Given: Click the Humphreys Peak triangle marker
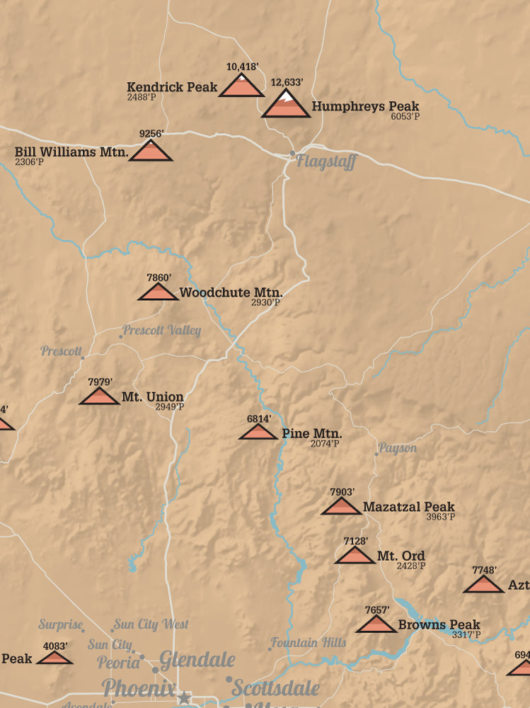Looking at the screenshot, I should tap(286, 106).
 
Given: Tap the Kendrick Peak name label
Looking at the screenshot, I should tap(172, 87).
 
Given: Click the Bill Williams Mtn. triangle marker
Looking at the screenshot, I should tap(151, 151).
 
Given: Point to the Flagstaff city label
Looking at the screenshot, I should tap(326, 161).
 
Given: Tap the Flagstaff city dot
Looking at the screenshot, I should tap(292, 153).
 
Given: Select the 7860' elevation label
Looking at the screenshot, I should tap(159, 278).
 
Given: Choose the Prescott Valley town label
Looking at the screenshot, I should tap(162, 331).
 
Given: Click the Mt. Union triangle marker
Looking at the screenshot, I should tap(99, 396).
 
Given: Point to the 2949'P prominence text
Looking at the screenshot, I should tap(170, 407).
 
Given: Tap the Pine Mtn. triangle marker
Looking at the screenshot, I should tap(258, 432).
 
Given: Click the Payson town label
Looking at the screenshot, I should tap(398, 448).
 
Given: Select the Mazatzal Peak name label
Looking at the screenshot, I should tap(408, 507).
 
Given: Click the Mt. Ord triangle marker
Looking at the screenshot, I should tap(355, 556).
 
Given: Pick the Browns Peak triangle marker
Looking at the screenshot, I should tap(376, 624).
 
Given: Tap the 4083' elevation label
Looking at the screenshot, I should tap(55, 646).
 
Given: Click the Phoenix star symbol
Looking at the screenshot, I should tap(185, 697).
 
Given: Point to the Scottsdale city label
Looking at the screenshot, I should tap(276, 688).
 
